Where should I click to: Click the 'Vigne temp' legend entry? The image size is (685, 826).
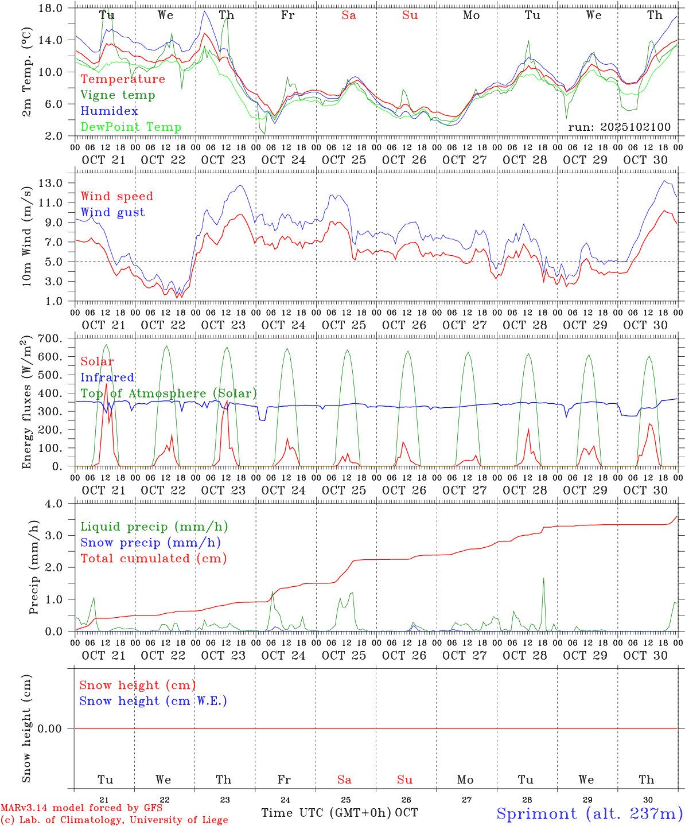pyautogui.click(x=118, y=95)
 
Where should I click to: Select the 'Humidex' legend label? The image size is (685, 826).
pyautogui.click(x=109, y=111)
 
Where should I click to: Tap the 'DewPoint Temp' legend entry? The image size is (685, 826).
pyautogui.click(x=131, y=127)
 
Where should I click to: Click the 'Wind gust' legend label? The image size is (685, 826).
pyautogui.click(x=112, y=212)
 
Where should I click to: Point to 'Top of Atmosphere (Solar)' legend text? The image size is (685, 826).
pyautogui.click(x=169, y=393)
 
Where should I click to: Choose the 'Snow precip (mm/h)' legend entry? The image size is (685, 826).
pyautogui.click(x=150, y=543)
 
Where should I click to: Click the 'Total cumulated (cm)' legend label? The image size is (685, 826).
pyautogui.click(x=153, y=559)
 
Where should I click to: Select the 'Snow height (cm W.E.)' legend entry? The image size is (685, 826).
pyautogui.click(x=153, y=701)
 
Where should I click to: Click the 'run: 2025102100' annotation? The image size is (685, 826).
pyautogui.click(x=619, y=127)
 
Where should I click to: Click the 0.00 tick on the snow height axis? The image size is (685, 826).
pyautogui.click(x=50, y=728)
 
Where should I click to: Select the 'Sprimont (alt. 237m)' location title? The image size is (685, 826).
pyautogui.click(x=589, y=813)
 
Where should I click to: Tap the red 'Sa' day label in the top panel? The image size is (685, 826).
pyautogui.click(x=349, y=15)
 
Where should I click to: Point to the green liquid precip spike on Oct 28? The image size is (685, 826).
pyautogui.click(x=543, y=580)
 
